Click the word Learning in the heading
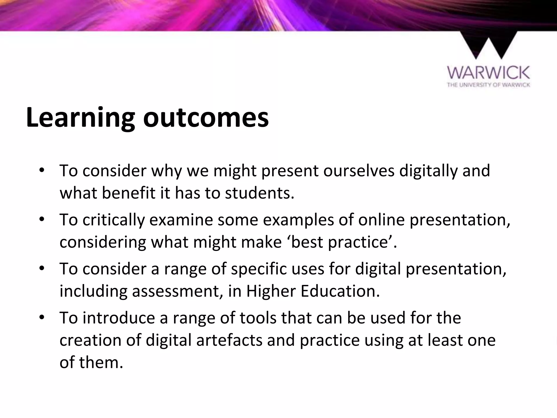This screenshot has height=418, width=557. pyautogui.click(x=81, y=118)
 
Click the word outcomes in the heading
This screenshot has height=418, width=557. pyautogui.click(x=206, y=118)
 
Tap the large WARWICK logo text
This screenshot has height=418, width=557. pyautogui.click(x=488, y=73)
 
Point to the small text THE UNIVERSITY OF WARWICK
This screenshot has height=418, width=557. pyautogui.click(x=488, y=85)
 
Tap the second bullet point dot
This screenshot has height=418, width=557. pyautogui.click(x=41, y=219)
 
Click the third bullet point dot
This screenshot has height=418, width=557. pyautogui.click(x=41, y=268)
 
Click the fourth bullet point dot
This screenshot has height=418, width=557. pyautogui.click(x=41, y=317)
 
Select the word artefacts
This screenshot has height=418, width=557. pyautogui.click(x=229, y=340)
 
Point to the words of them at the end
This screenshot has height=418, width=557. pyautogui.click(x=91, y=362)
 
